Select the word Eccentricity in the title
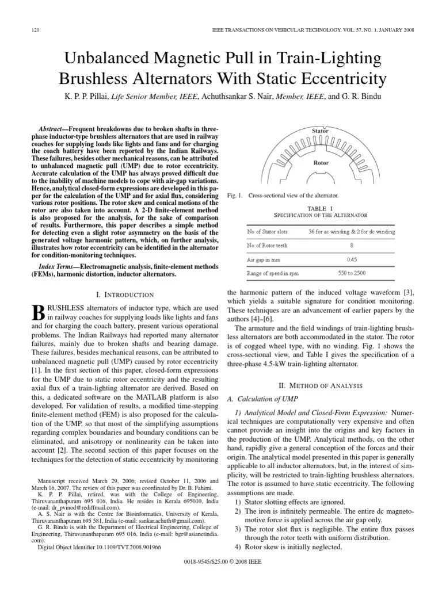coord(337,79)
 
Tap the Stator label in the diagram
coord(321,131)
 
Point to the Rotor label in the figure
coord(321,163)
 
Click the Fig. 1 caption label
coord(236,196)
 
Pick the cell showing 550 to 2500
coord(352,274)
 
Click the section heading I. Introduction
coord(122,295)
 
